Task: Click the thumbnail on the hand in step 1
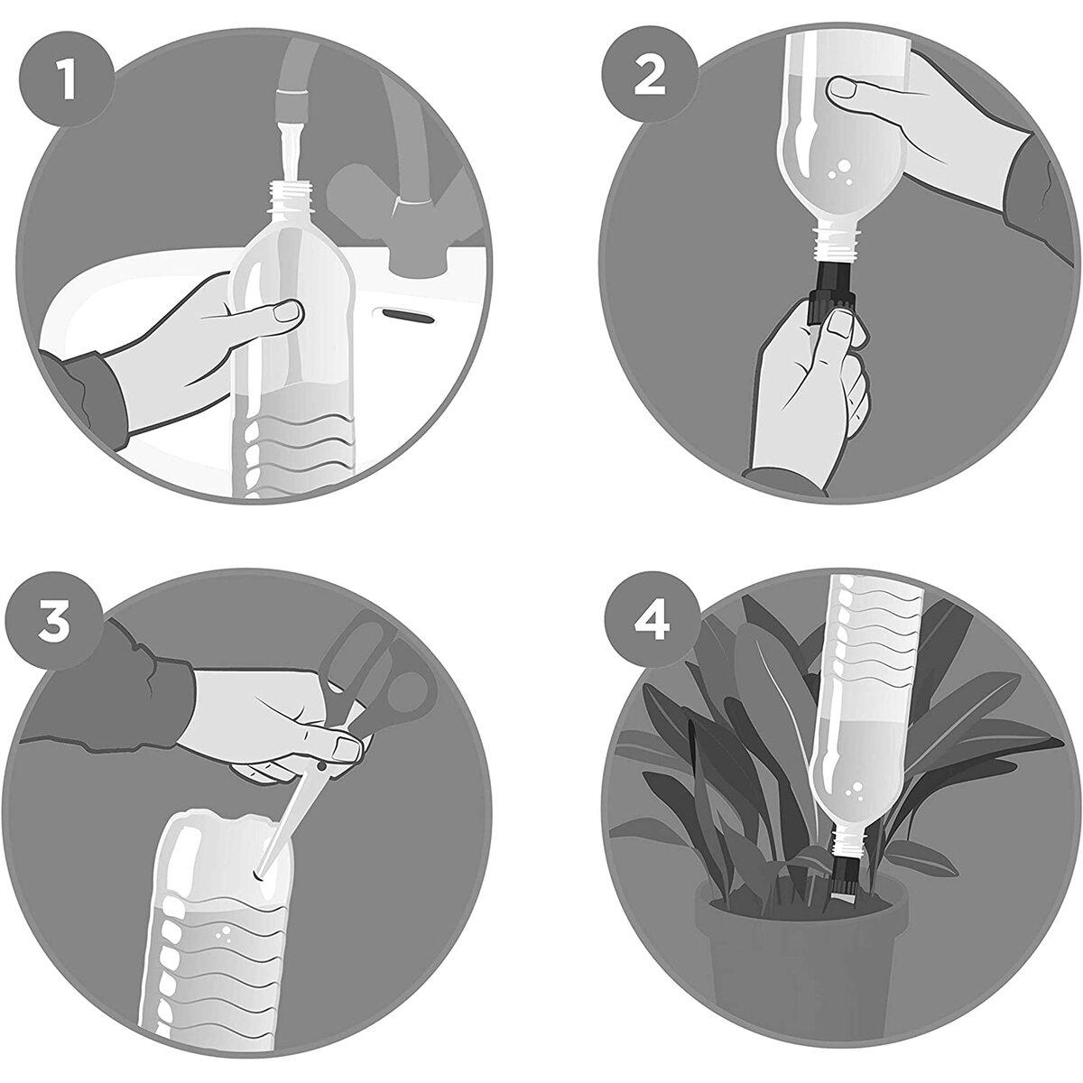click(x=287, y=313)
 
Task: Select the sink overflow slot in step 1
click(x=412, y=313)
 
